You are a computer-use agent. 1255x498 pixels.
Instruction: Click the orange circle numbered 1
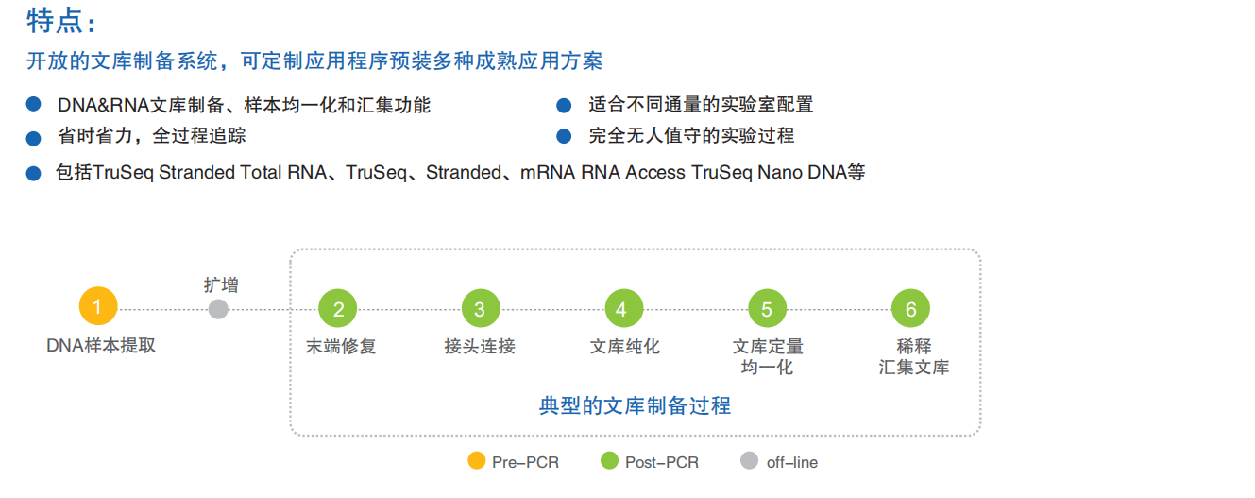pos(98,307)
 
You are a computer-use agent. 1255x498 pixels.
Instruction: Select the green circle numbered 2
pos(338,309)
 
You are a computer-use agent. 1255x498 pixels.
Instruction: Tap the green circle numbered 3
pos(480,309)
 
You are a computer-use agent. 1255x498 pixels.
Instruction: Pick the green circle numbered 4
pos(623,309)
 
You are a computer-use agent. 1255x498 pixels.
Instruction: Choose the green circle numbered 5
pos(767,309)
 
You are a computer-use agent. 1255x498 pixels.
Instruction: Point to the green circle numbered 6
pos(910,309)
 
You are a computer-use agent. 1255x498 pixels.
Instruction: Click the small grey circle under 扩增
pos(218,309)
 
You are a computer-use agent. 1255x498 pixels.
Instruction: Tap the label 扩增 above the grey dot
pos(221,283)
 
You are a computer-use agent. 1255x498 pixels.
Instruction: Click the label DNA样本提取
pos(101,346)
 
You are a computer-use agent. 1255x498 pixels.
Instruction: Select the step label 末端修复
pos(341,347)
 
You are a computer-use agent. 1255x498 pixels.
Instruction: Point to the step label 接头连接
pos(480,347)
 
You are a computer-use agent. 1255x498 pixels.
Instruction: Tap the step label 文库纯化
pos(624,347)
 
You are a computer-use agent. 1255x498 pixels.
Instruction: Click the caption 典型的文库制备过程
pos(635,406)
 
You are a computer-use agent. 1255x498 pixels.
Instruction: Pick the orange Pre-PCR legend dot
pos(477,461)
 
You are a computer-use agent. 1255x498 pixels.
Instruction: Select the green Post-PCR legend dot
pos(609,461)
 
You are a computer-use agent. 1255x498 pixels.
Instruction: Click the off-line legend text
pos(791,462)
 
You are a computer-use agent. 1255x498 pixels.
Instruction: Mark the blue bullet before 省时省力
pos(34,137)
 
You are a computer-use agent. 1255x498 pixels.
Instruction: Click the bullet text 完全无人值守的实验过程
pos(691,136)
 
